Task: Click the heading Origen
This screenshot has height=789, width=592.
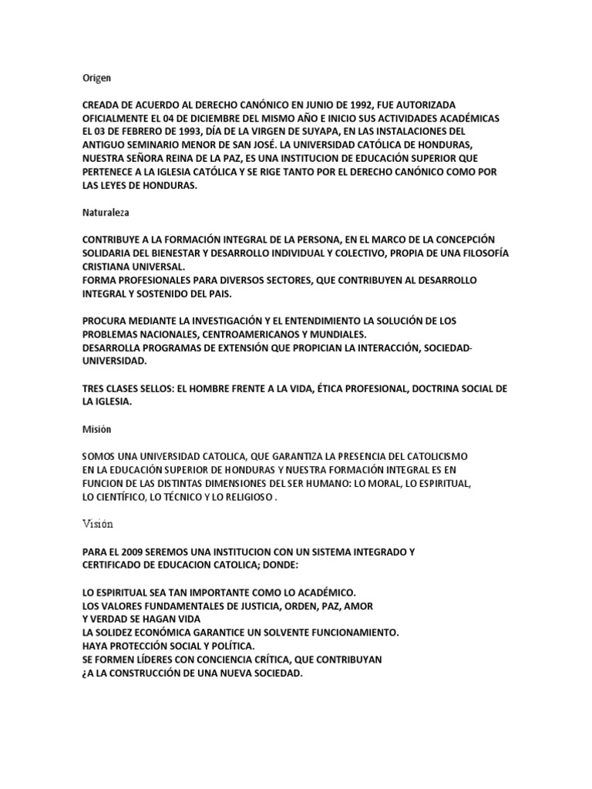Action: [97, 78]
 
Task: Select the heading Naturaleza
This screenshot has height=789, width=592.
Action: [106, 209]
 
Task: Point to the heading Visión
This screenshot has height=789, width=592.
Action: [98, 524]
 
